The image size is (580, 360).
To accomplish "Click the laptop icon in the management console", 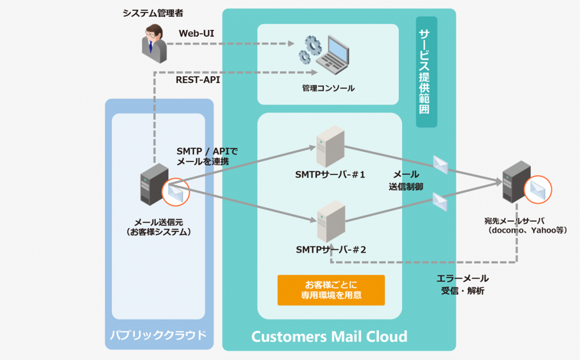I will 336,54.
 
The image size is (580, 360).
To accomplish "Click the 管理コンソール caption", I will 329,88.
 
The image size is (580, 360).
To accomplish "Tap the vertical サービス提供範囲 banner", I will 425,71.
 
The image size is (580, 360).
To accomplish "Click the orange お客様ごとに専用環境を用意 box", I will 331,290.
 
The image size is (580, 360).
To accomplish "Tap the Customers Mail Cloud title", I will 329,337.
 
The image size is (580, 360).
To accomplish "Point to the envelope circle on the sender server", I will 176,191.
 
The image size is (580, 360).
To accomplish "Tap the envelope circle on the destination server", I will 537,190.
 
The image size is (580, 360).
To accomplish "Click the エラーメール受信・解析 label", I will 463,285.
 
